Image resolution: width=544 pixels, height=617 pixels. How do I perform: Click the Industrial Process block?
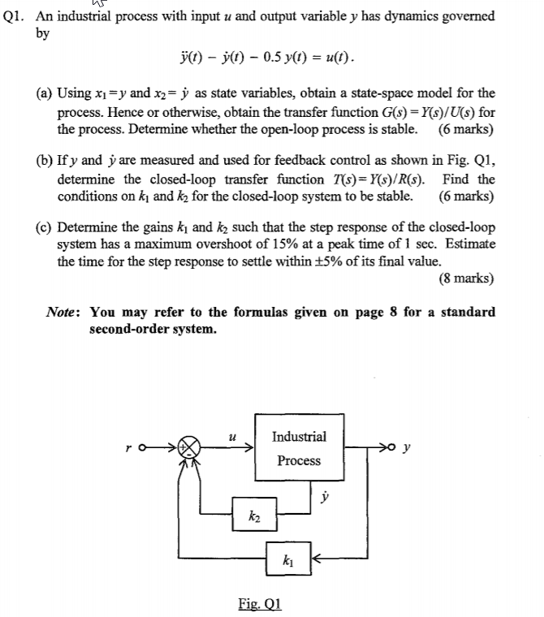(299, 448)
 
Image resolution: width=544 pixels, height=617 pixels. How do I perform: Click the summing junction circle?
(188, 447)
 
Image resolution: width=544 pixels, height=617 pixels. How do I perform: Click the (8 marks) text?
(466, 278)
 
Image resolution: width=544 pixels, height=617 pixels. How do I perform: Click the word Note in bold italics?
(61, 312)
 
